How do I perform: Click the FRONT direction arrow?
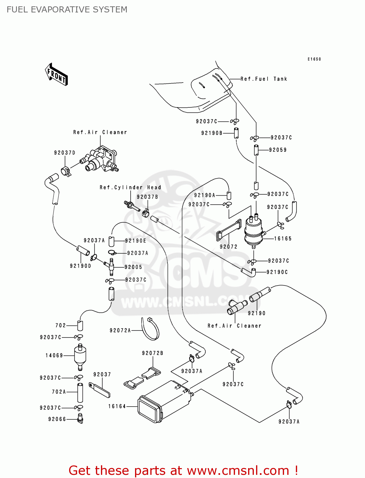pos(56,75)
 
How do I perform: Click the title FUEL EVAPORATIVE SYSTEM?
pos(67,10)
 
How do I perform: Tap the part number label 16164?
pos(117,406)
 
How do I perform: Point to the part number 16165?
pos(283,239)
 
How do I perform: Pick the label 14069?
pos(54,355)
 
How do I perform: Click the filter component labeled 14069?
pos(80,356)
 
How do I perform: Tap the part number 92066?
pos(57,419)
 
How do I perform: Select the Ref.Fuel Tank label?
pos(264,79)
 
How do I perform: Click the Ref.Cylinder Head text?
pos(130,187)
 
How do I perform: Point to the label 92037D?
pos(65,153)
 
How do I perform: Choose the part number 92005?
pos(133,267)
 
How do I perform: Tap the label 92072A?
pos(120,330)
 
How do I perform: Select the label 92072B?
pos(153,353)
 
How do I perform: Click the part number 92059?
pos(278,150)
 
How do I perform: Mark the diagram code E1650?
pos(314,59)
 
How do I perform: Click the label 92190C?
pos(277,272)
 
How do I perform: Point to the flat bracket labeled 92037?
pos(100,390)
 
